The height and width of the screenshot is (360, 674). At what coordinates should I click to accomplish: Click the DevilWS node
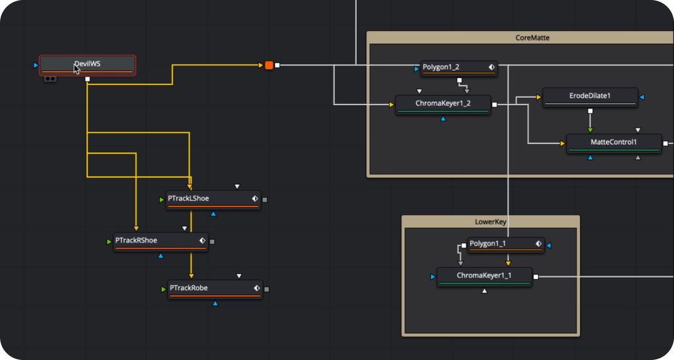tap(87, 64)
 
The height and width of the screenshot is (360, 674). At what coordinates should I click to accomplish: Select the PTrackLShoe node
tap(206, 199)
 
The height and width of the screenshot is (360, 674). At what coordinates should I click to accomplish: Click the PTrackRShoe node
tap(154, 241)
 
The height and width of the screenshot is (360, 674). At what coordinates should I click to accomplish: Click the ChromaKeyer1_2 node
tap(442, 104)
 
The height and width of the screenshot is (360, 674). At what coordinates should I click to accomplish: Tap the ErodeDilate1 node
tap(590, 96)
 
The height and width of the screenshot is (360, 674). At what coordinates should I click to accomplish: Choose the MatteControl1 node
tap(613, 142)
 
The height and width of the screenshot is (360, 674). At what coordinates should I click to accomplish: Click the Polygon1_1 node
tap(499, 244)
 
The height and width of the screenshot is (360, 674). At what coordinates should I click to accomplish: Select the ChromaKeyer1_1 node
tap(484, 276)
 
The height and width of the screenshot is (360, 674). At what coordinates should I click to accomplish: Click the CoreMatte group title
tap(532, 38)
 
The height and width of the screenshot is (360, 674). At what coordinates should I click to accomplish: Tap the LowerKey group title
tap(490, 222)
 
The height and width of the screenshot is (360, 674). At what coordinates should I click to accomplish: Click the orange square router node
tap(269, 65)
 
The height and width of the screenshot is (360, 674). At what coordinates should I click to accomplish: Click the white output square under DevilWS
tap(87, 79)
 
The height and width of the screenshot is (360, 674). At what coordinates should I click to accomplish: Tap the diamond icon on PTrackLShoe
tap(255, 199)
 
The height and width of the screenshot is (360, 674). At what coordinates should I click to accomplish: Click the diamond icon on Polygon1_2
tap(491, 67)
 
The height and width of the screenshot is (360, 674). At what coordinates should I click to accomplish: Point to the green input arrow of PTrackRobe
tap(163, 289)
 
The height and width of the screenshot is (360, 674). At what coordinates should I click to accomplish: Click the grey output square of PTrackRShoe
tap(212, 241)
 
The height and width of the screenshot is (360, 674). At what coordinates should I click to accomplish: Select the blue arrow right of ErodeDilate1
tap(642, 97)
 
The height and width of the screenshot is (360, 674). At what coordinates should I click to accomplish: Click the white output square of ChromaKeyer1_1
tap(535, 276)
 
